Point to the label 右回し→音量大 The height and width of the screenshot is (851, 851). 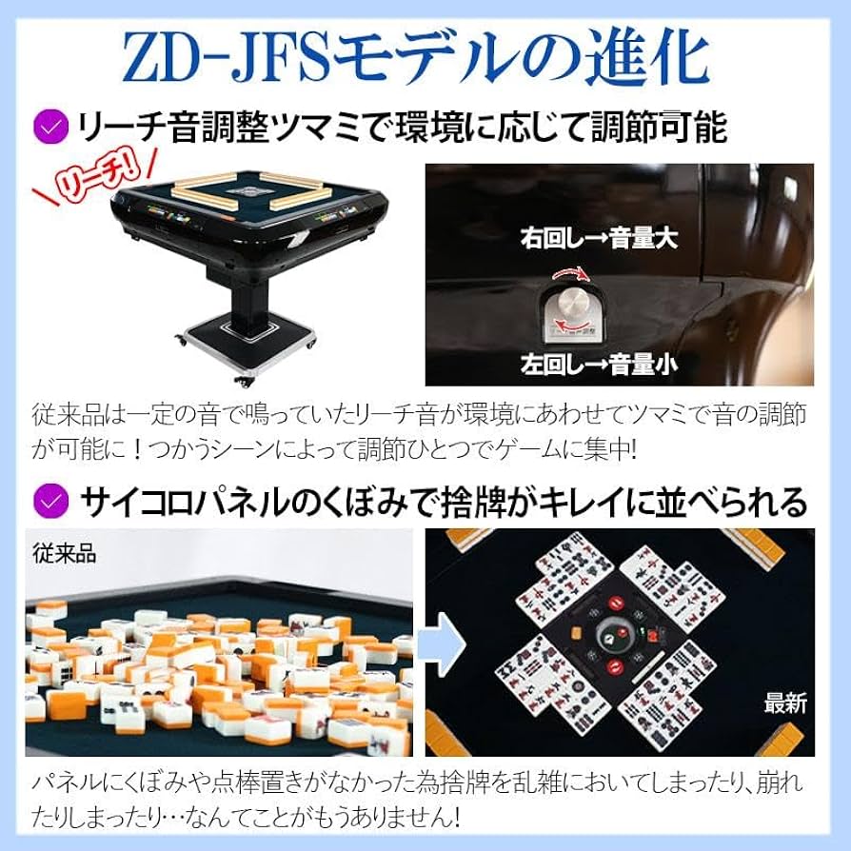point(599,239)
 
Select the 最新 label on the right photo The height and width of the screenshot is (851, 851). point(784,703)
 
